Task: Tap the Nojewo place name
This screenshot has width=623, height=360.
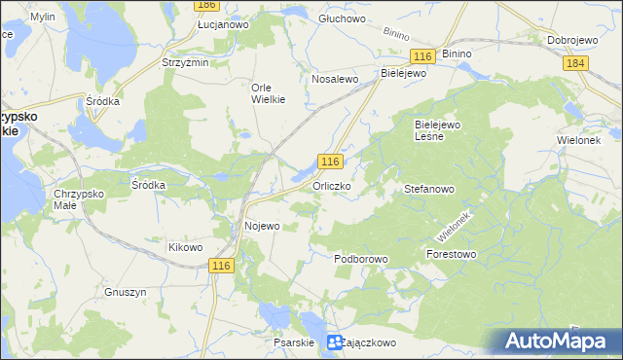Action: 261,226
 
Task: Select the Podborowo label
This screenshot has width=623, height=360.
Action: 361,260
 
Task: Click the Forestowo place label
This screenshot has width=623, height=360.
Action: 451,255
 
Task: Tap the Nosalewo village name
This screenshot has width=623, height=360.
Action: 336,79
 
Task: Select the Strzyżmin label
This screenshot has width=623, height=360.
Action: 185,62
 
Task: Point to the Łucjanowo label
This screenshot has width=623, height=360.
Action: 223,24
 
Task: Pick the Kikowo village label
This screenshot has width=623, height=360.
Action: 185,247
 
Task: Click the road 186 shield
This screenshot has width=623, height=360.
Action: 204,5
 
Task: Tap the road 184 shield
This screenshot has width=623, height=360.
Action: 575,63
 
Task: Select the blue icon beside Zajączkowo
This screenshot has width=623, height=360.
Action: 334,342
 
